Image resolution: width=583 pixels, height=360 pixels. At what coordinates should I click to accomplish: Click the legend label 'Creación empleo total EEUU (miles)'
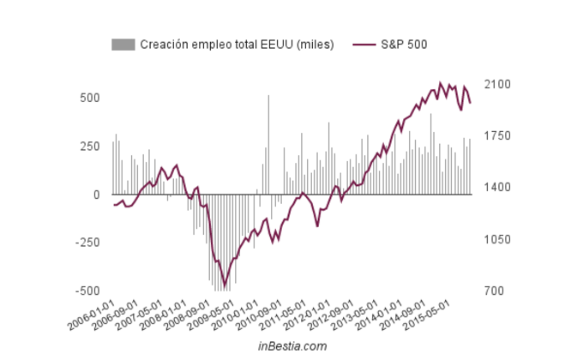(237, 45)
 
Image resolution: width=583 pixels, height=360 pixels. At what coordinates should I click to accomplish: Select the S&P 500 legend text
(404, 45)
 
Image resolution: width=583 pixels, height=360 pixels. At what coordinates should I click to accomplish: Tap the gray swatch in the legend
(123, 45)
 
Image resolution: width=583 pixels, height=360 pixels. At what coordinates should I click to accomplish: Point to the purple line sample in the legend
(364, 45)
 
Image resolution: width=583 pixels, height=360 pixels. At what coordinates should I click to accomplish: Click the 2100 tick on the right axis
(496, 85)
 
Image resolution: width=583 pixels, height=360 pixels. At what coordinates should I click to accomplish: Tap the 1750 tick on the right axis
(496, 136)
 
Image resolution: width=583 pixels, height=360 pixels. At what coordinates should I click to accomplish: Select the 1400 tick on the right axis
(496, 188)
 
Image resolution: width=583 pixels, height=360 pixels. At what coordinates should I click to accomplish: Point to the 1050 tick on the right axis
(496, 240)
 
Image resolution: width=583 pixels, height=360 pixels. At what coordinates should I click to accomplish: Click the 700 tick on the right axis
(494, 291)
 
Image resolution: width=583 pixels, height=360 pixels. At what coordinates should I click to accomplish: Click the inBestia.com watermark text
(292, 345)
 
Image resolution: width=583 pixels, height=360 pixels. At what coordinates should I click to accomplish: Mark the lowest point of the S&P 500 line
(225, 286)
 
